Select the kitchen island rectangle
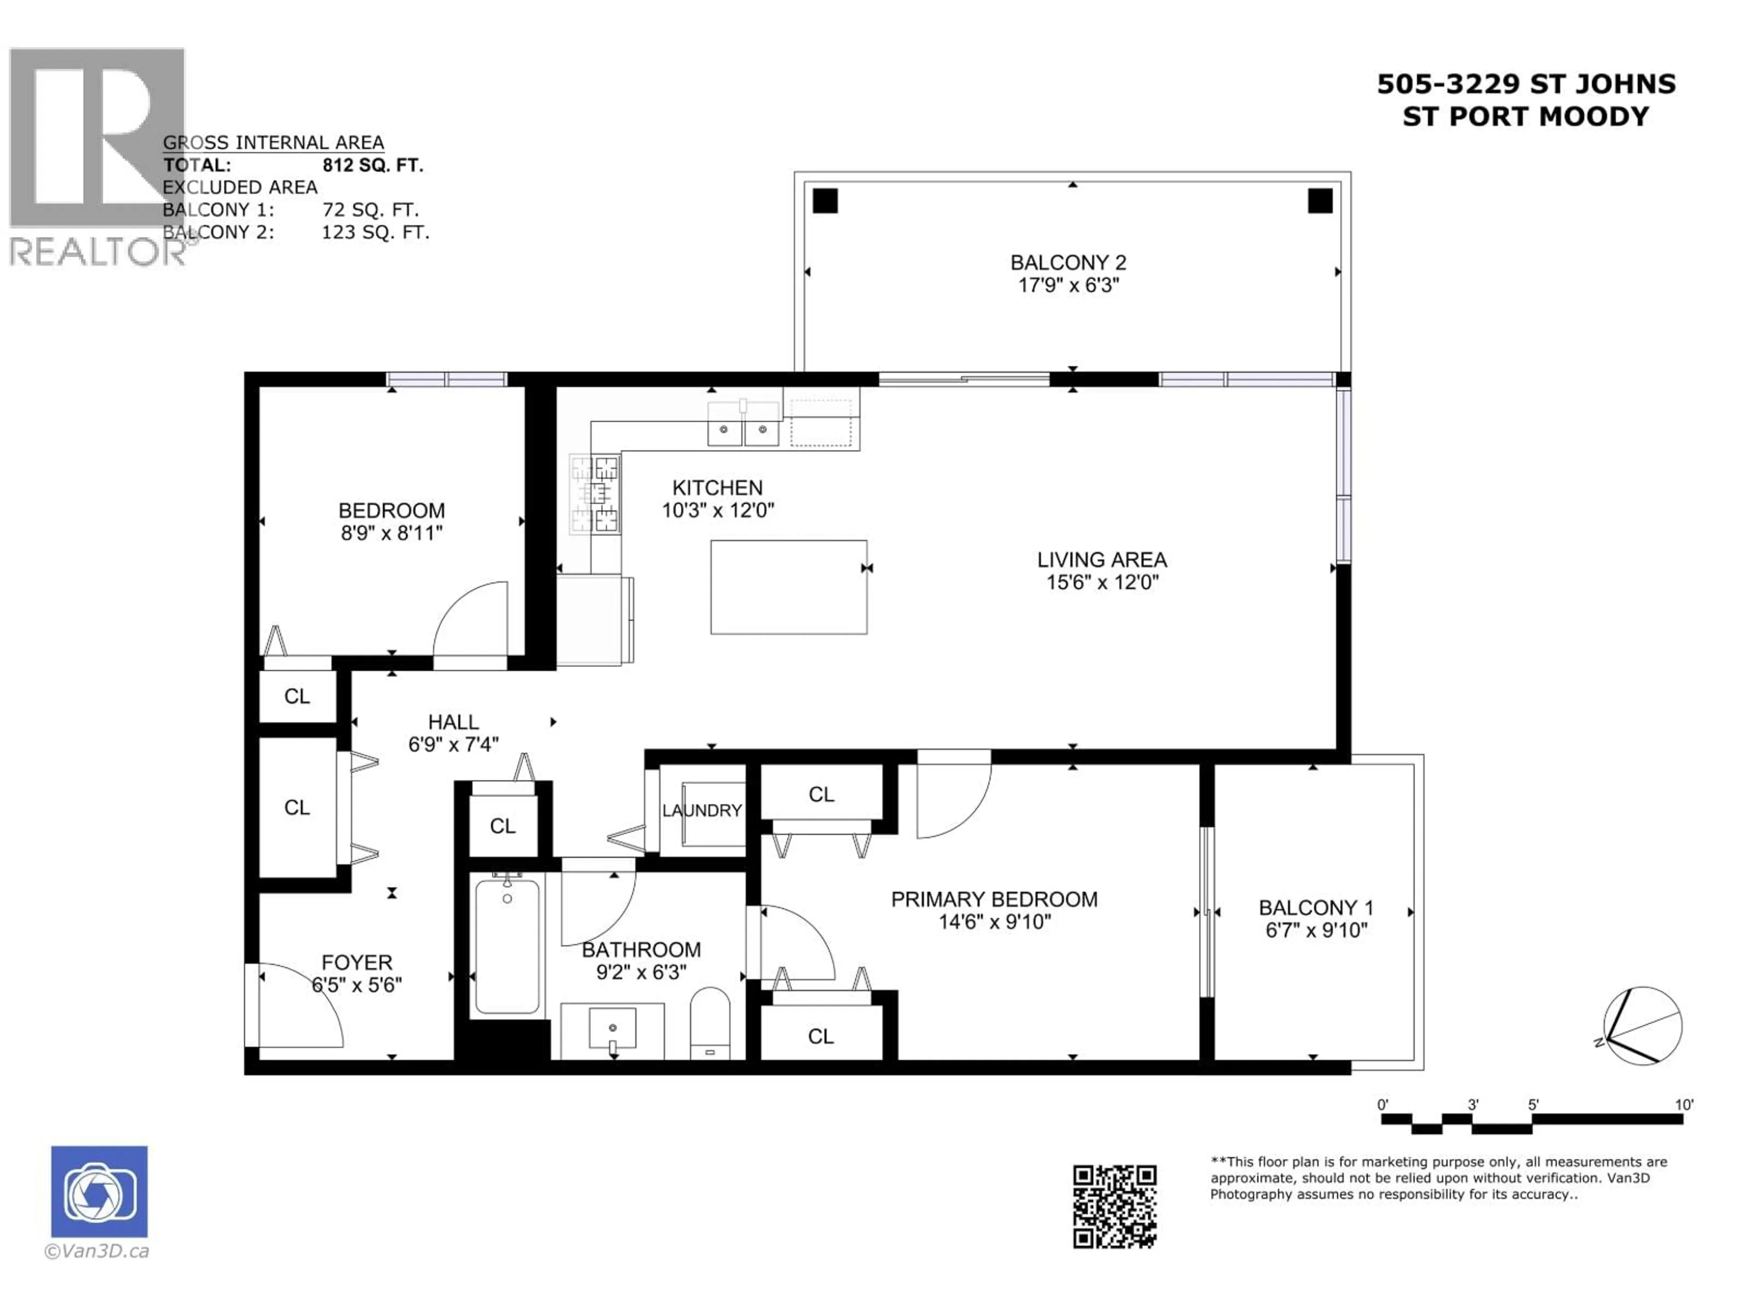click(788, 587)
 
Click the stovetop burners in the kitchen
click(594, 494)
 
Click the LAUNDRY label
click(702, 810)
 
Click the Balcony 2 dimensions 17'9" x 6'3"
click(1068, 285)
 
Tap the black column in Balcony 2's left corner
click(825, 201)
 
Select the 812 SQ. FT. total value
click(373, 165)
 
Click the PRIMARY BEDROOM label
click(994, 899)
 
